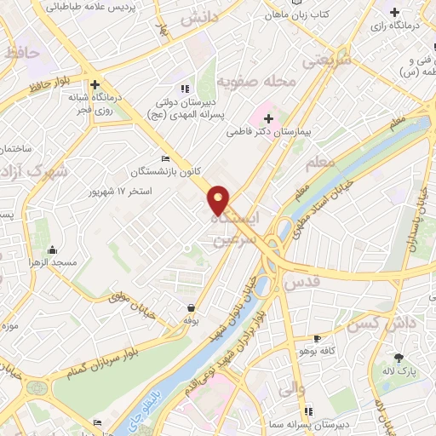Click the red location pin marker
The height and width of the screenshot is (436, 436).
[219, 200]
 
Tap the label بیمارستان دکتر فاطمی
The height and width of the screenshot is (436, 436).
[270, 133]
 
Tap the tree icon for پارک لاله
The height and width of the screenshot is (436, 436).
[398, 358]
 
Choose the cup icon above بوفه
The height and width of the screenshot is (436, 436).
[191, 307]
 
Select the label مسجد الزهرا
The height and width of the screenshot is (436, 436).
[52, 262]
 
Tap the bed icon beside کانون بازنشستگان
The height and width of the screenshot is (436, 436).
[165, 158]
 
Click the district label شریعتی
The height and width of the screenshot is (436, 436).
[326, 61]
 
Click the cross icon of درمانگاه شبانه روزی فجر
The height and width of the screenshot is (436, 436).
[95, 84]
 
